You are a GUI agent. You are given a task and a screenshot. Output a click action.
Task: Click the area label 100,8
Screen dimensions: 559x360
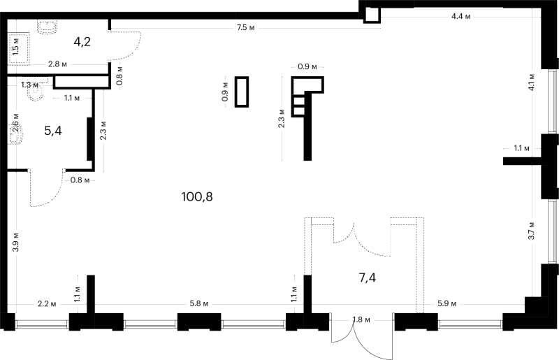[x=197, y=196]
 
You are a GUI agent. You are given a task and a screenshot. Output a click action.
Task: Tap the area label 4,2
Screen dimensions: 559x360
[x=82, y=42]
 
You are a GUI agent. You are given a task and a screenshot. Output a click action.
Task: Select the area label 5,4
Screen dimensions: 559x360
[x=53, y=131]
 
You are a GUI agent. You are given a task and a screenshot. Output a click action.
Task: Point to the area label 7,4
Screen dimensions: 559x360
[x=368, y=278]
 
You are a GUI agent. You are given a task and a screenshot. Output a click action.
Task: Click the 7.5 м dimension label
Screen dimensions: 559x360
[x=246, y=27]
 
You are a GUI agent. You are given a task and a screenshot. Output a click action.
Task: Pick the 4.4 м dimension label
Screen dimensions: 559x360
[x=460, y=16]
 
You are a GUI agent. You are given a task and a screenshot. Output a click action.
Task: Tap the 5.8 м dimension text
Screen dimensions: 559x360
[x=199, y=303]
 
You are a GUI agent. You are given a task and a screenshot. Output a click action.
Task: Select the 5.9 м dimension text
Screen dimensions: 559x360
[x=447, y=303]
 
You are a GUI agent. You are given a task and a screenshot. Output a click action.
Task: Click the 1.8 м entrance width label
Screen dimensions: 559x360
[x=361, y=319]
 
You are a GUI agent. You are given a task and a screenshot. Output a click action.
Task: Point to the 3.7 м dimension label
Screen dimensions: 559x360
[x=531, y=231]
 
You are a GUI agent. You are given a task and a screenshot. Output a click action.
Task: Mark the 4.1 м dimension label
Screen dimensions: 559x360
[x=531, y=82]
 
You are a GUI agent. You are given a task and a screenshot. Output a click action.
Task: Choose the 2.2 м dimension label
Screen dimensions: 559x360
[x=47, y=304]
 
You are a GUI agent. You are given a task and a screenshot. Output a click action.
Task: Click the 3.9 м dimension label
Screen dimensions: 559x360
[x=15, y=242]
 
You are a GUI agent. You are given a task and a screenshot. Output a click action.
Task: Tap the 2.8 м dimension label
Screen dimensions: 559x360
[x=58, y=64]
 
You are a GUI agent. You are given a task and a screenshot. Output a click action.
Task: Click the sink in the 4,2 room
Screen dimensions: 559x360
[x=47, y=27]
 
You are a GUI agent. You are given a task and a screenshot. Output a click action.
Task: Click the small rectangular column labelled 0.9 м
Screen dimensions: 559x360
[x=242, y=92]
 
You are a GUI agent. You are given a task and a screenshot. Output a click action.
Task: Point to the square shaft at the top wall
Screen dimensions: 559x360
[x=372, y=15]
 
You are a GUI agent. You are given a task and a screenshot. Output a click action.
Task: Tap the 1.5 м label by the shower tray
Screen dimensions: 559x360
[x=15, y=46]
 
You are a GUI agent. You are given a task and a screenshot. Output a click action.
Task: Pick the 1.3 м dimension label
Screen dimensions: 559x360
[x=29, y=85]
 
